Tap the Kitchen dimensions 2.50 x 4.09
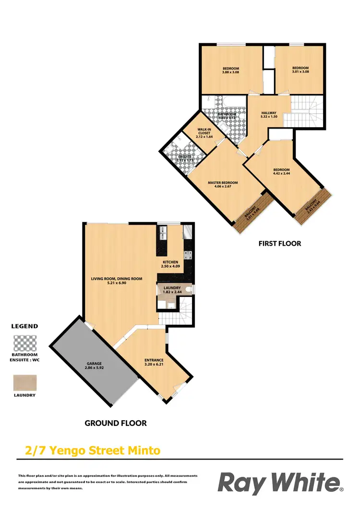(x=170, y=267)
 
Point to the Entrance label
(x=154, y=360)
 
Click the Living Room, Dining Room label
(x=117, y=278)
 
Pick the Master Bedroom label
(x=223, y=183)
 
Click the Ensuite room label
(x=185, y=156)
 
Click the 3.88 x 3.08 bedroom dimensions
(x=230, y=72)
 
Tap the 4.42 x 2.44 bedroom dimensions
(x=281, y=174)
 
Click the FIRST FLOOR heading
(x=280, y=244)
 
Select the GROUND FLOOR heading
(x=116, y=423)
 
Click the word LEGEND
(x=24, y=326)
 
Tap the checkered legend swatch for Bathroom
(x=24, y=344)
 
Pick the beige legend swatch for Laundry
(x=24, y=382)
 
